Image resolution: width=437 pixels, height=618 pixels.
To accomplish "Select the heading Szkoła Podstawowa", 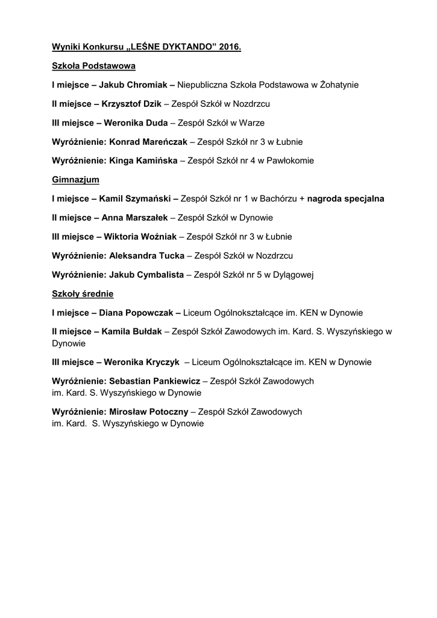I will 93,65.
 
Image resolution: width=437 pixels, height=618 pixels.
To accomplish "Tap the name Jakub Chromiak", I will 133,85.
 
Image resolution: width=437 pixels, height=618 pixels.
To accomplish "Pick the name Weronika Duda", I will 136,123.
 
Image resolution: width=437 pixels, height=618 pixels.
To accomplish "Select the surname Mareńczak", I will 163,142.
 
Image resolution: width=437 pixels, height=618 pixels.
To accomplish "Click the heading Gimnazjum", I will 76,179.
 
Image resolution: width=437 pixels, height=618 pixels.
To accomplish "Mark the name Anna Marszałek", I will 135,217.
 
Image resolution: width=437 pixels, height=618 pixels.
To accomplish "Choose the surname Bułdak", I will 147,331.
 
